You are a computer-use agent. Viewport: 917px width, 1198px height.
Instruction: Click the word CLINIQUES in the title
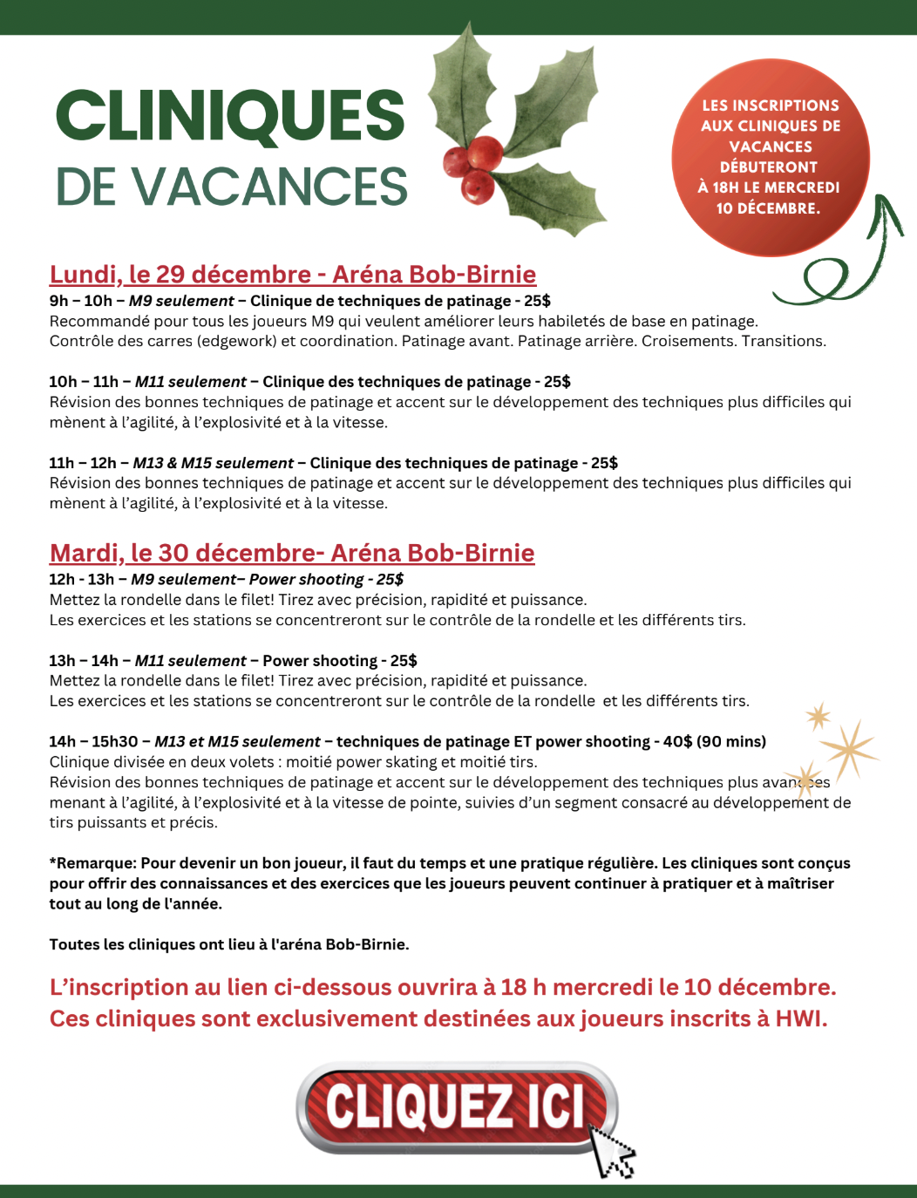[230, 116]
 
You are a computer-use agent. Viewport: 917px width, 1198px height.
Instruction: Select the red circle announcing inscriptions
[770, 157]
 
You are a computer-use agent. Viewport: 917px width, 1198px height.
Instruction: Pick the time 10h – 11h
[83, 382]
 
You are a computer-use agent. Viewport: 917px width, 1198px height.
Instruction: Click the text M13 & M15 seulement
[213, 463]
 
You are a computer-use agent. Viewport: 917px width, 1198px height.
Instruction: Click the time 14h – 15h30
[93, 742]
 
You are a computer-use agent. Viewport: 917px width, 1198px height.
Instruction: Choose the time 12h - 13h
[81, 580]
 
